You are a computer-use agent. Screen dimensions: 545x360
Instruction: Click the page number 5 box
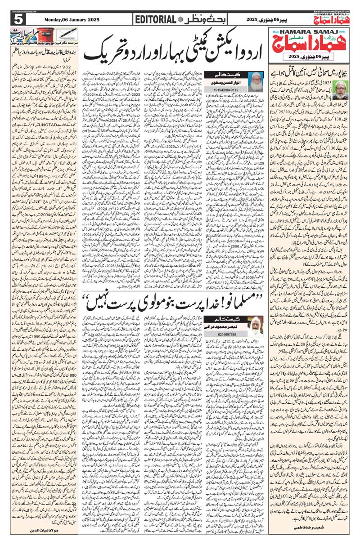18,19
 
